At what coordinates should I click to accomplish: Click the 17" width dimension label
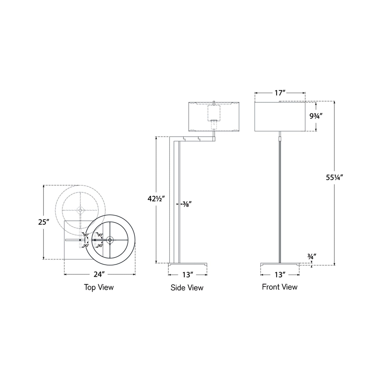point(280,93)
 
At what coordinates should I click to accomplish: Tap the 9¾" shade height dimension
point(316,116)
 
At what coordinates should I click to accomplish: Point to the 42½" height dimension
point(156,199)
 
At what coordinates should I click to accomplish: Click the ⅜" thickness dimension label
point(187,204)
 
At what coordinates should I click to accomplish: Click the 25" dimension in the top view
point(44,222)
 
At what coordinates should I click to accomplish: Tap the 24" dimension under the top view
point(99,274)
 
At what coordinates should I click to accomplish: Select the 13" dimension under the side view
point(188,275)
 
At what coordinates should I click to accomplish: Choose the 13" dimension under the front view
point(280,275)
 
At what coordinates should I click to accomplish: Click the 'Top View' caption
point(99,287)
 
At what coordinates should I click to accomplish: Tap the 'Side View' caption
point(187,287)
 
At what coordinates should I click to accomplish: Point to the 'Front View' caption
point(280,287)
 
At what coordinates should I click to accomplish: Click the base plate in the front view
point(280,264)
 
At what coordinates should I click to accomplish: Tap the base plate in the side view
point(188,264)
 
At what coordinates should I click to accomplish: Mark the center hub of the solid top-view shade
point(110,240)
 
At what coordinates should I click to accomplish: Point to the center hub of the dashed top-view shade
point(80,210)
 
